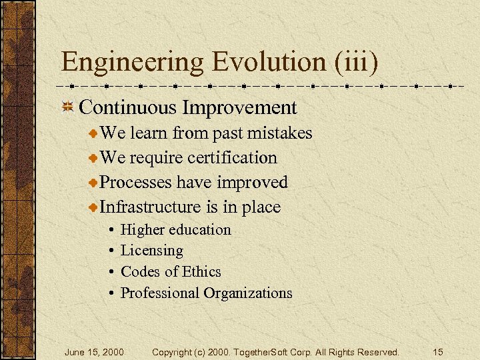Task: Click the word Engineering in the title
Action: (133, 63)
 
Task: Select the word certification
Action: (232, 158)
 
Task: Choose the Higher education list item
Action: (175, 230)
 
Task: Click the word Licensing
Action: (151, 251)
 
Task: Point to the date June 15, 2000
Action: (94, 352)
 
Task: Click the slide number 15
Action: (437, 352)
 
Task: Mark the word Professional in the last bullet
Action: (160, 293)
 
